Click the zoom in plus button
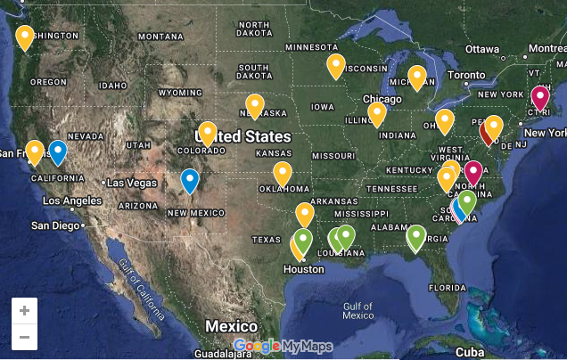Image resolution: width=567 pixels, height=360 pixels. [x=24, y=310]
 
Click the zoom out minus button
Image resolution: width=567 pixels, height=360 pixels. [x=24, y=337]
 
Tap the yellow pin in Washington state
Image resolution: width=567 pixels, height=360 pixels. [x=25, y=37]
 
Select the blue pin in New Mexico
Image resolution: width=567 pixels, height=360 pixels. [x=190, y=180]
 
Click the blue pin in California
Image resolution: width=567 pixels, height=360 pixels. [x=58, y=151]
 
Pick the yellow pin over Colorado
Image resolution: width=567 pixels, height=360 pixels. [x=208, y=133]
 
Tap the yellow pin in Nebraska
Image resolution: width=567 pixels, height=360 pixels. [x=254, y=105]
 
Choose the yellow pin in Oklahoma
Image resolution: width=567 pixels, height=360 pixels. [x=283, y=173]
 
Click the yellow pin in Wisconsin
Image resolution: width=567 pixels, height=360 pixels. [x=335, y=65]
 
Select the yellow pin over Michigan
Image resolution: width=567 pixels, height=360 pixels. [x=416, y=77]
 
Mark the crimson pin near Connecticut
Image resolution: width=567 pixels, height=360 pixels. [x=539, y=96]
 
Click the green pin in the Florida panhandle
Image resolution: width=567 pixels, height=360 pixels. [x=415, y=236]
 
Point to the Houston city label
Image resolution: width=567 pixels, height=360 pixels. [x=304, y=268]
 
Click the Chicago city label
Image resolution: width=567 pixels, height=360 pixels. [x=382, y=99]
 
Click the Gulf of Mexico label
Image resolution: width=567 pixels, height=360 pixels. [x=357, y=310]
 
